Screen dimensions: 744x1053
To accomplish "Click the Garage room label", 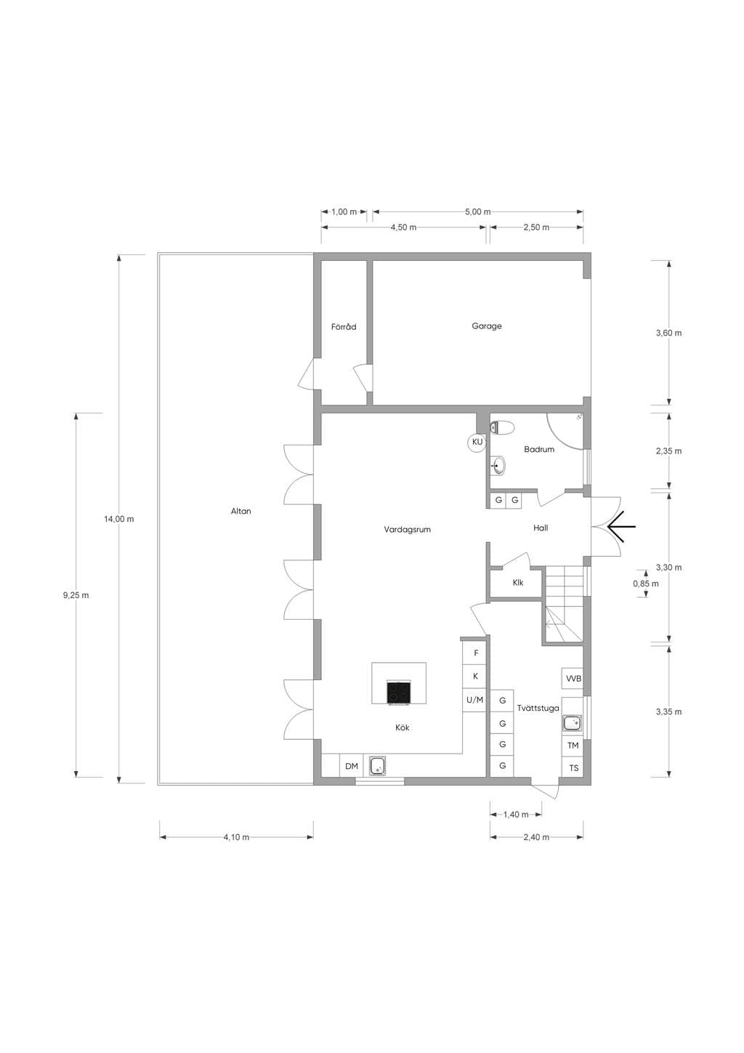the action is (x=487, y=326).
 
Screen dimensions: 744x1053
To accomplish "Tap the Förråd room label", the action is (x=344, y=327).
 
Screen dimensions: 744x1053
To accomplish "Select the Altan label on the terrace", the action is (x=240, y=511).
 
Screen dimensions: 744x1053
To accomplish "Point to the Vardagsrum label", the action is (x=407, y=529).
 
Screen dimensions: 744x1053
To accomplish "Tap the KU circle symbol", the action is (x=477, y=442).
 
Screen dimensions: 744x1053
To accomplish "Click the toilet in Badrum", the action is (x=501, y=427).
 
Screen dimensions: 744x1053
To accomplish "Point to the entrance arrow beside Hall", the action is (x=621, y=526).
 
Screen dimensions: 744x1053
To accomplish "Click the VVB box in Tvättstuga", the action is (x=573, y=678).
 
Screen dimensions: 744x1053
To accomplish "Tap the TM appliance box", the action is (x=573, y=746).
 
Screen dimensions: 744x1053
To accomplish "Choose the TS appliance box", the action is (x=573, y=768).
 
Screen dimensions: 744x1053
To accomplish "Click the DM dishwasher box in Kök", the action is (x=351, y=766).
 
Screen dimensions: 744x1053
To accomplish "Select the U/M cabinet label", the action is (x=474, y=700).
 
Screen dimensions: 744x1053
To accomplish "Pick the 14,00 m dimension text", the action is (x=119, y=519).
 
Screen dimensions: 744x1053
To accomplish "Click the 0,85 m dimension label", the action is (x=645, y=584).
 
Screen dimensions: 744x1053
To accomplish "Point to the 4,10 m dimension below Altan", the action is (x=236, y=836).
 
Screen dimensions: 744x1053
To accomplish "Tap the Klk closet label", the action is (x=518, y=582).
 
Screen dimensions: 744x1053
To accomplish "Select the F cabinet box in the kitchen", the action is (x=474, y=653).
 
